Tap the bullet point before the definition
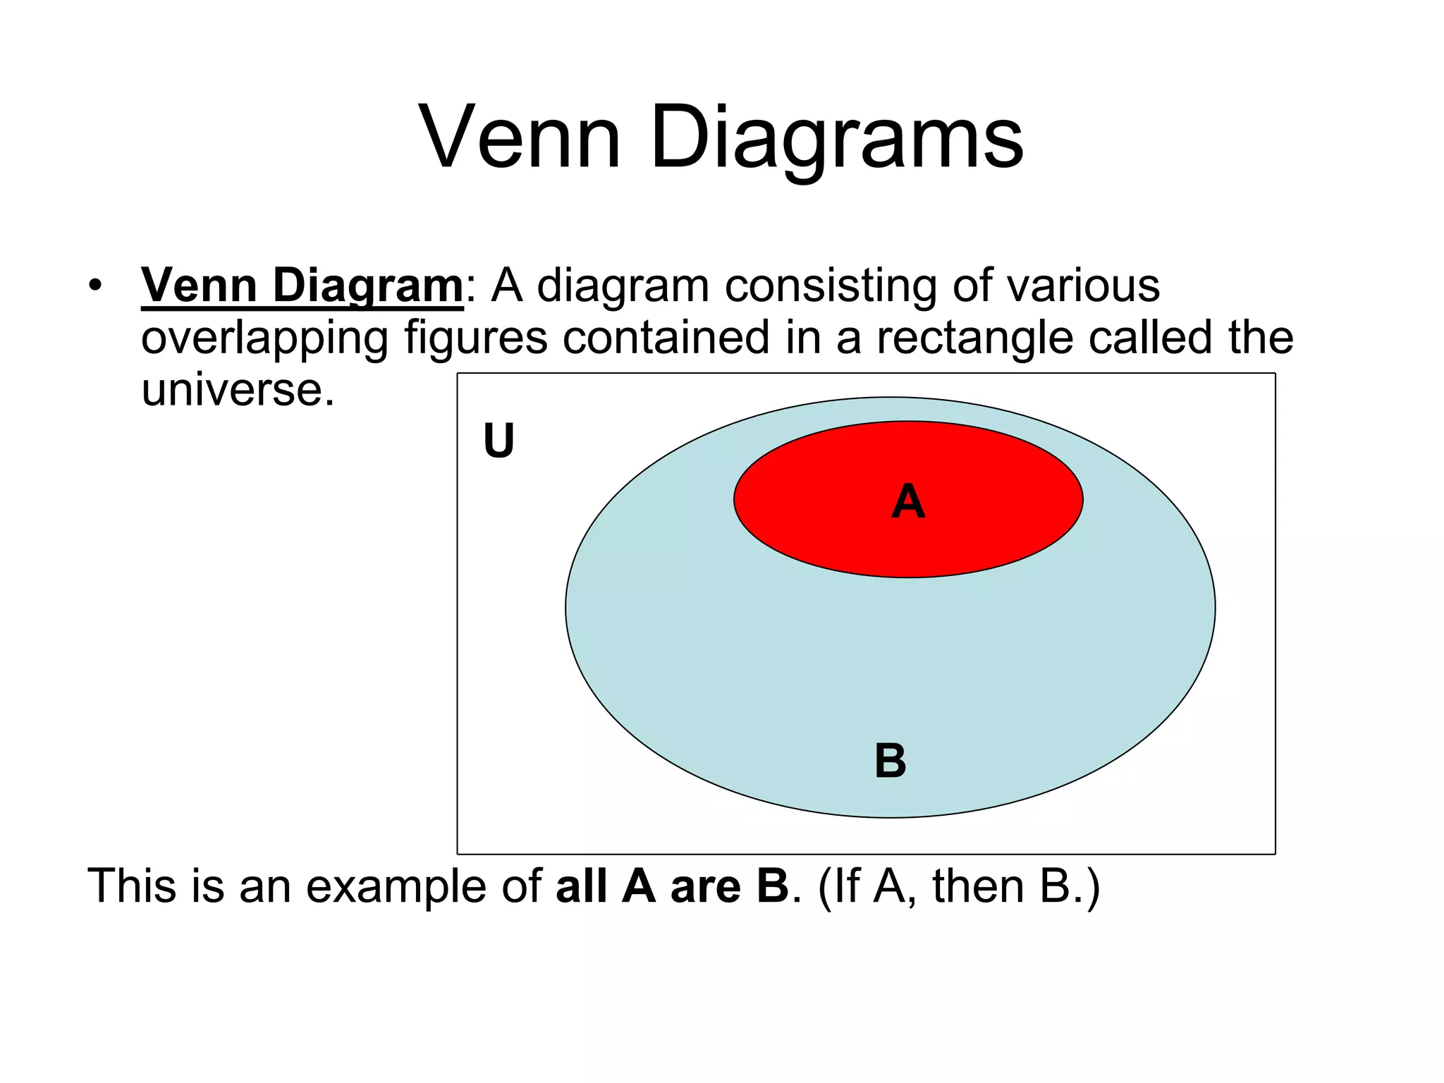coord(95,286)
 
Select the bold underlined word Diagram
coord(367,286)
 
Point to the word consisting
coord(831,286)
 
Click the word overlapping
coord(264,338)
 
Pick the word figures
coord(475,338)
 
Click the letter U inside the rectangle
coord(498,441)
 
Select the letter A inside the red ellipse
coord(908,502)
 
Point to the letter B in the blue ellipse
coord(891,761)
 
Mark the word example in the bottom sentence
coord(396,886)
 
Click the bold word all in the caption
coord(581,886)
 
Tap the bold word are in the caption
coord(705,886)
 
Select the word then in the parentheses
coord(978,886)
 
